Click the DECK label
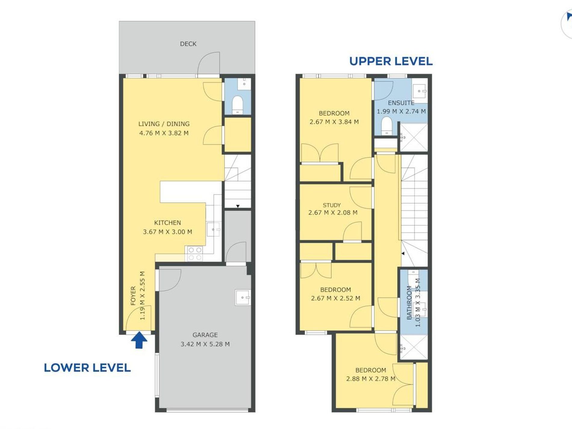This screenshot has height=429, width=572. point(188,44)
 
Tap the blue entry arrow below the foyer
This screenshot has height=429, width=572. point(139,340)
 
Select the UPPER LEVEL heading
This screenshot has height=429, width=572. point(391,61)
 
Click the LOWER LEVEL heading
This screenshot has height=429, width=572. point(87,368)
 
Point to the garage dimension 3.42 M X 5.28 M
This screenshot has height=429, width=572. point(205,344)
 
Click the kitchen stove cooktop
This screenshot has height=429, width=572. point(195,253)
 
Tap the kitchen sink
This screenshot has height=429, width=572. point(213,229)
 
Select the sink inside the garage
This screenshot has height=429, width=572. point(243,297)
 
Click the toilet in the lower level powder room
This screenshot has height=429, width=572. point(238,105)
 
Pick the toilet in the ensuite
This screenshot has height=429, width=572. point(387,126)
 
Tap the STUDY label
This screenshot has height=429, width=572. point(332,205)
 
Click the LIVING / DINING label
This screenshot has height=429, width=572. point(164,124)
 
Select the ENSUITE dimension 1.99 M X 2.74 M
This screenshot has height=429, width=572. point(401,111)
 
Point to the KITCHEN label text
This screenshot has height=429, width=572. point(167,223)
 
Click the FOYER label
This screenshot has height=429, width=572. point(133,296)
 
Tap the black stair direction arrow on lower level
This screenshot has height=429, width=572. point(238,206)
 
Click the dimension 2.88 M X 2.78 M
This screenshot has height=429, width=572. point(371,379)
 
